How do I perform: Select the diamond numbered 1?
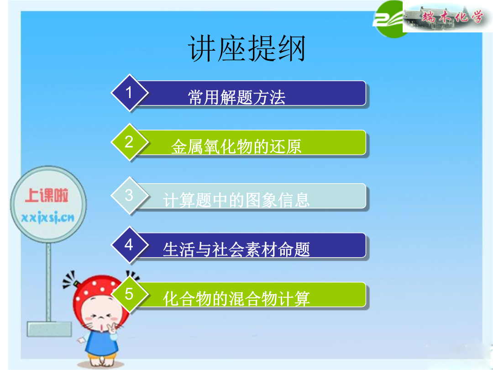[x=130, y=93]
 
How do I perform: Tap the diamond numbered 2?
[x=130, y=142]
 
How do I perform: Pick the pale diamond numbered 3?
[x=130, y=196]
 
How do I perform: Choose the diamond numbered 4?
[x=130, y=245]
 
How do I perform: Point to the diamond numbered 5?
[x=130, y=294]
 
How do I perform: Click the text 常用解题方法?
[x=236, y=97]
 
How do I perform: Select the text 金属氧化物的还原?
[x=236, y=147]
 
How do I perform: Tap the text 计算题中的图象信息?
[x=236, y=200]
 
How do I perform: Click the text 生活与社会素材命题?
[x=236, y=249]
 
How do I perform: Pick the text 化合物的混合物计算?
[x=236, y=299]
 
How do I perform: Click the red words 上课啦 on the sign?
[x=47, y=195]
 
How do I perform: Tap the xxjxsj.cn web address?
[x=48, y=217]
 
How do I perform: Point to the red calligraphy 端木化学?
[x=452, y=16]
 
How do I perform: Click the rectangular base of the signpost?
[x=49, y=329]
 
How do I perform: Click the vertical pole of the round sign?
[x=48, y=282]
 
